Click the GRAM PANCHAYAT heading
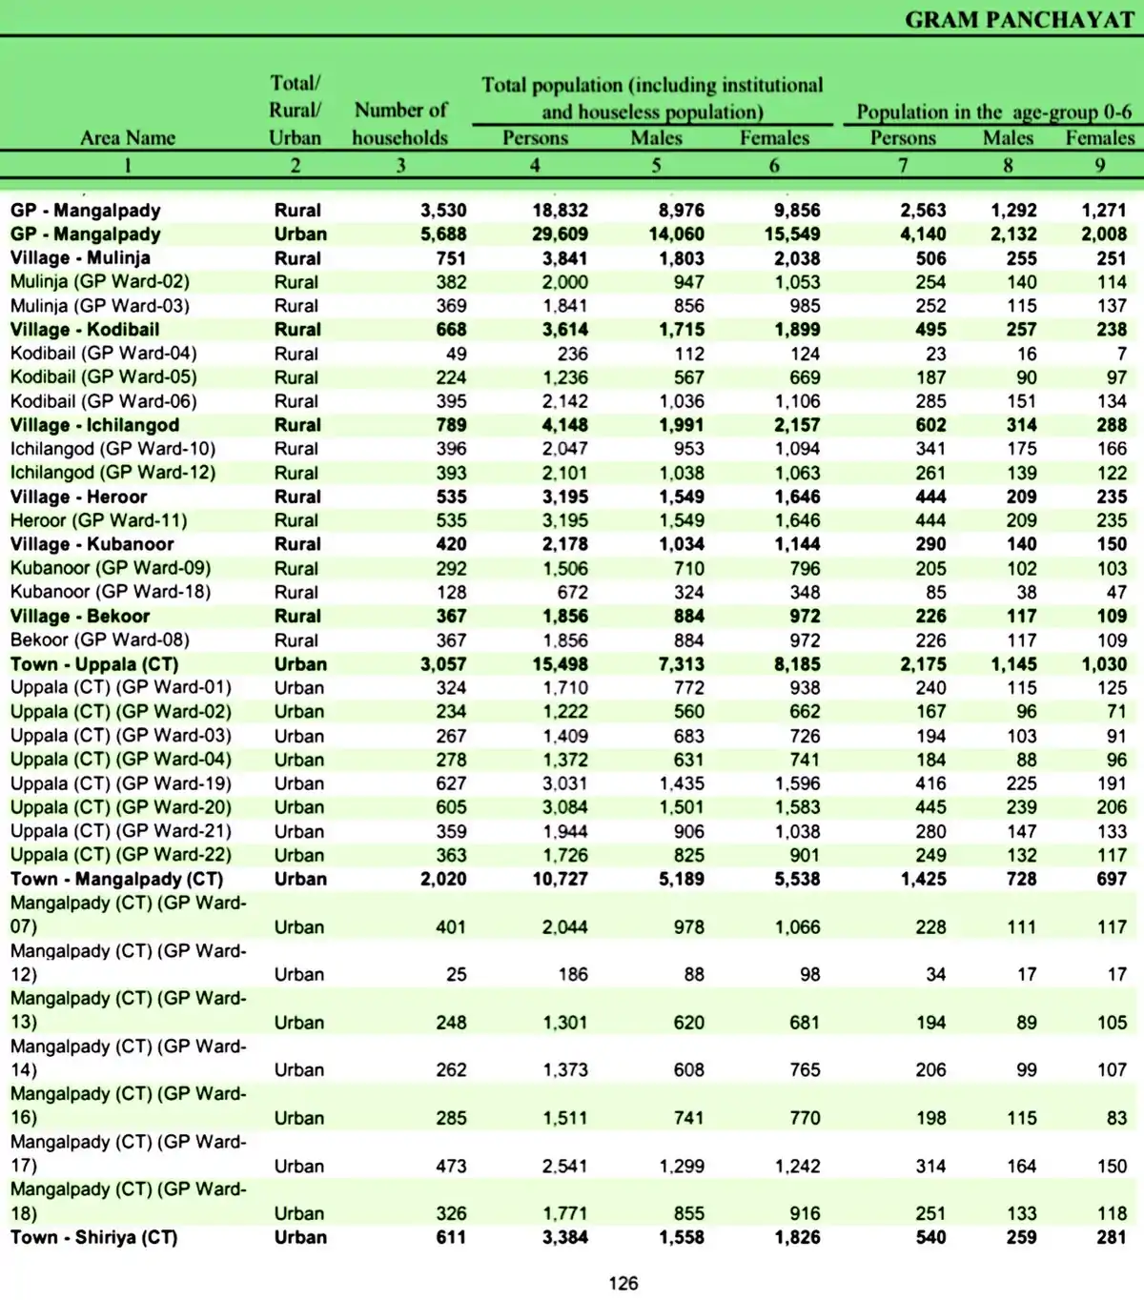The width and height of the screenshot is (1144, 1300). tap(1018, 20)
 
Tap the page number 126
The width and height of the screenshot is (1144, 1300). tap(623, 1283)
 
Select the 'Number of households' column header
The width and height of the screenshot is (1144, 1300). tap(399, 124)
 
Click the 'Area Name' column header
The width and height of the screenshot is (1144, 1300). tap(128, 138)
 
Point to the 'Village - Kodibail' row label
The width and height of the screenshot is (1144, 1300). tap(85, 330)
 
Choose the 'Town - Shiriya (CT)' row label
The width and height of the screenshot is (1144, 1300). tap(93, 1237)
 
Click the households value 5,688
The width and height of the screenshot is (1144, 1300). tap(443, 234)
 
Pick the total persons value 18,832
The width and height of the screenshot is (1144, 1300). tap(560, 211)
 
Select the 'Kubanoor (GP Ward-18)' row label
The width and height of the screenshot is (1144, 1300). tap(111, 592)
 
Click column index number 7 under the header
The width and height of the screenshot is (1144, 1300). tap(902, 165)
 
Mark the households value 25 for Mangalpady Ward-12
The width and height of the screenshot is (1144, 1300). tap(457, 974)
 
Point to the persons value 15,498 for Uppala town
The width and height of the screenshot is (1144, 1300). tap(560, 664)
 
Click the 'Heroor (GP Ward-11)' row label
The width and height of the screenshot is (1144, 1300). tap(99, 520)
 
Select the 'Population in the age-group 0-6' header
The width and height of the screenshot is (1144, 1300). tap(993, 112)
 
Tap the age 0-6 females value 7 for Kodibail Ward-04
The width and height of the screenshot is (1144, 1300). tap(1121, 354)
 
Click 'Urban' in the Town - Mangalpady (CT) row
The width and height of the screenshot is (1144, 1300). tap(300, 879)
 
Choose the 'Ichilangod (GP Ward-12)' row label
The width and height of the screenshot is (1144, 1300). tap(112, 473)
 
